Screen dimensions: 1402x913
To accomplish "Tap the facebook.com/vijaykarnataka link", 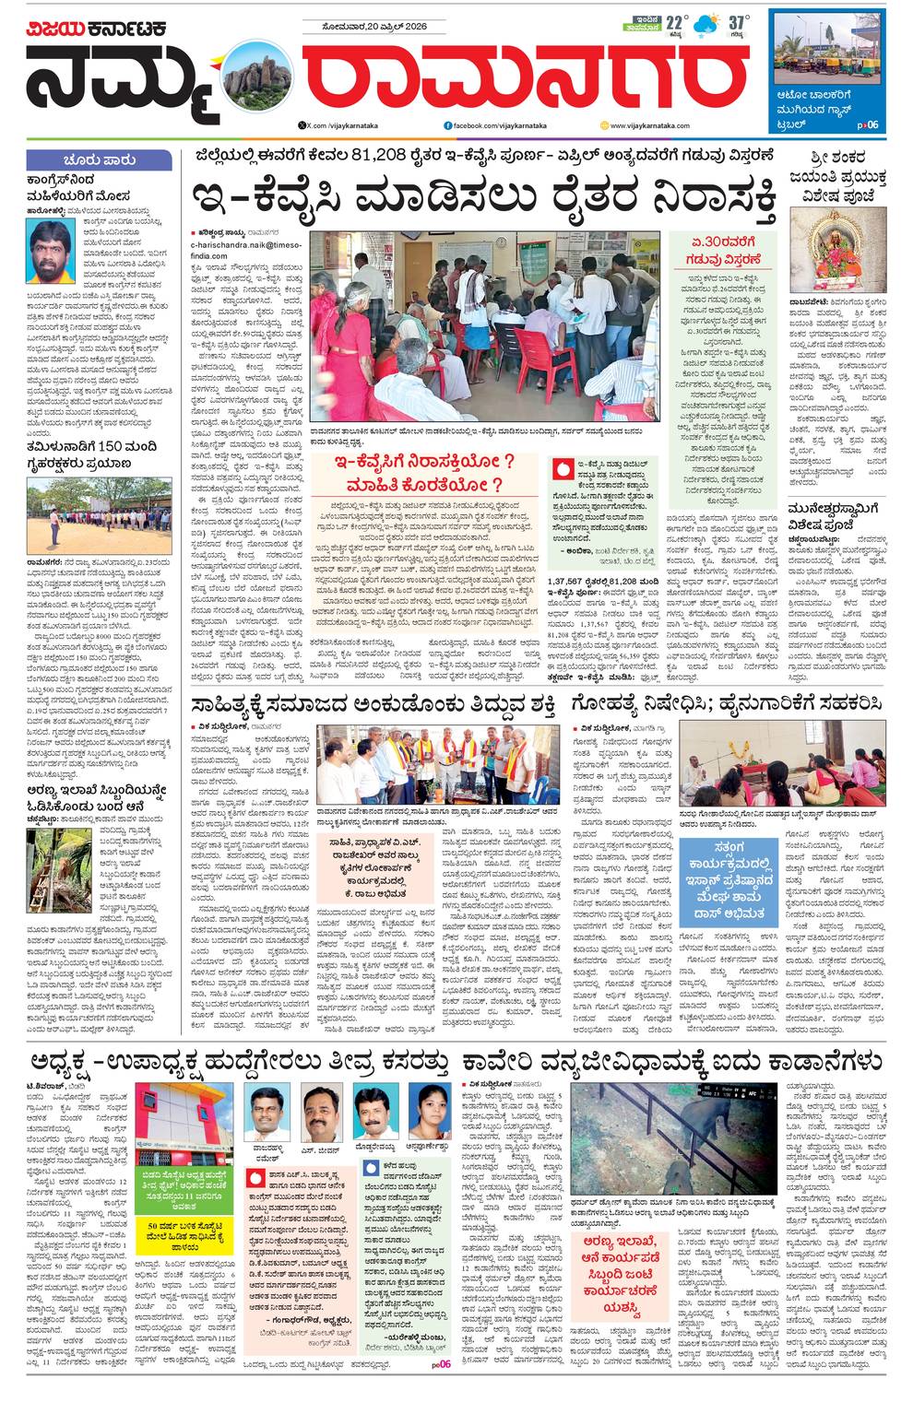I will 489,124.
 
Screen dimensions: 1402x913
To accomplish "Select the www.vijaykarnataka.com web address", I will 651,124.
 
